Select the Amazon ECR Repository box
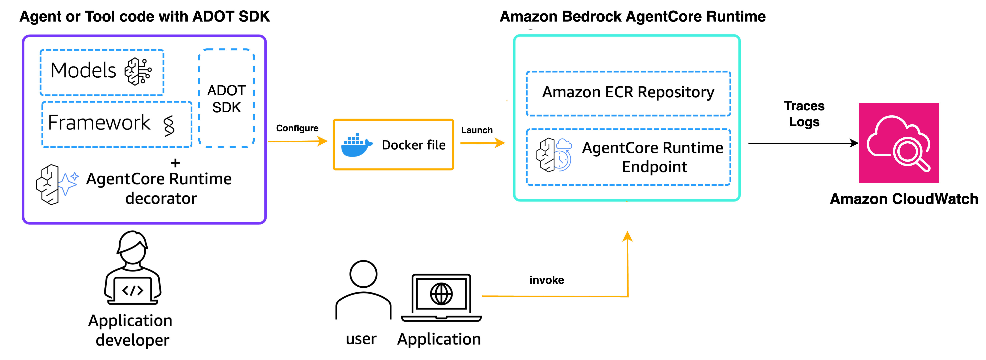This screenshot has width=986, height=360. [x=628, y=93]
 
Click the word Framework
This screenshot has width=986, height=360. [x=99, y=123]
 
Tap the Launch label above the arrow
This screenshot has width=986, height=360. [x=477, y=130]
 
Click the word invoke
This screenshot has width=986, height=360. [x=546, y=280]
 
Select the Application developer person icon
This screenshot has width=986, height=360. [x=133, y=268]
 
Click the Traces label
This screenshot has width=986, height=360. [x=804, y=106]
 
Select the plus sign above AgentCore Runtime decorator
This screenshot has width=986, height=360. [x=175, y=163]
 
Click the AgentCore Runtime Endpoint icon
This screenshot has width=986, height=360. [x=553, y=155]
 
